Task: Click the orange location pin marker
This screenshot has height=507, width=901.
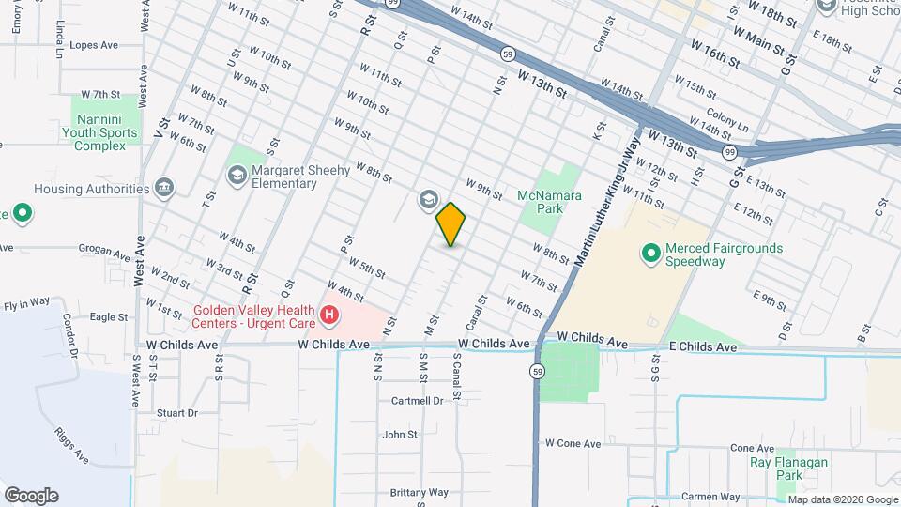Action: pyautogui.click(x=450, y=224)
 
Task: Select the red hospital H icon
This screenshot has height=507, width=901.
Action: pyautogui.click(x=328, y=316)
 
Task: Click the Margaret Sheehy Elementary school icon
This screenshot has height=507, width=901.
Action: pyautogui.click(x=237, y=176)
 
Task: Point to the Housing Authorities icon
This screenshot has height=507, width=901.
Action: pyautogui.click(x=165, y=189)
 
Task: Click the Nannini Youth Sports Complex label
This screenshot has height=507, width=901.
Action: pyautogui.click(x=106, y=132)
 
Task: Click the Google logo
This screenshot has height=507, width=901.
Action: pyautogui.click(x=31, y=496)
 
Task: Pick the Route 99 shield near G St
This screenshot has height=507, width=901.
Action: pyautogui.click(x=729, y=151)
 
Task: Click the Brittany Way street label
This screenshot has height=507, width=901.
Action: pyautogui.click(x=420, y=493)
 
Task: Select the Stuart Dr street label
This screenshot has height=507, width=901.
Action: pyautogui.click(x=177, y=413)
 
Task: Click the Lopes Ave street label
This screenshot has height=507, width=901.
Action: pyautogui.click(x=93, y=44)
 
